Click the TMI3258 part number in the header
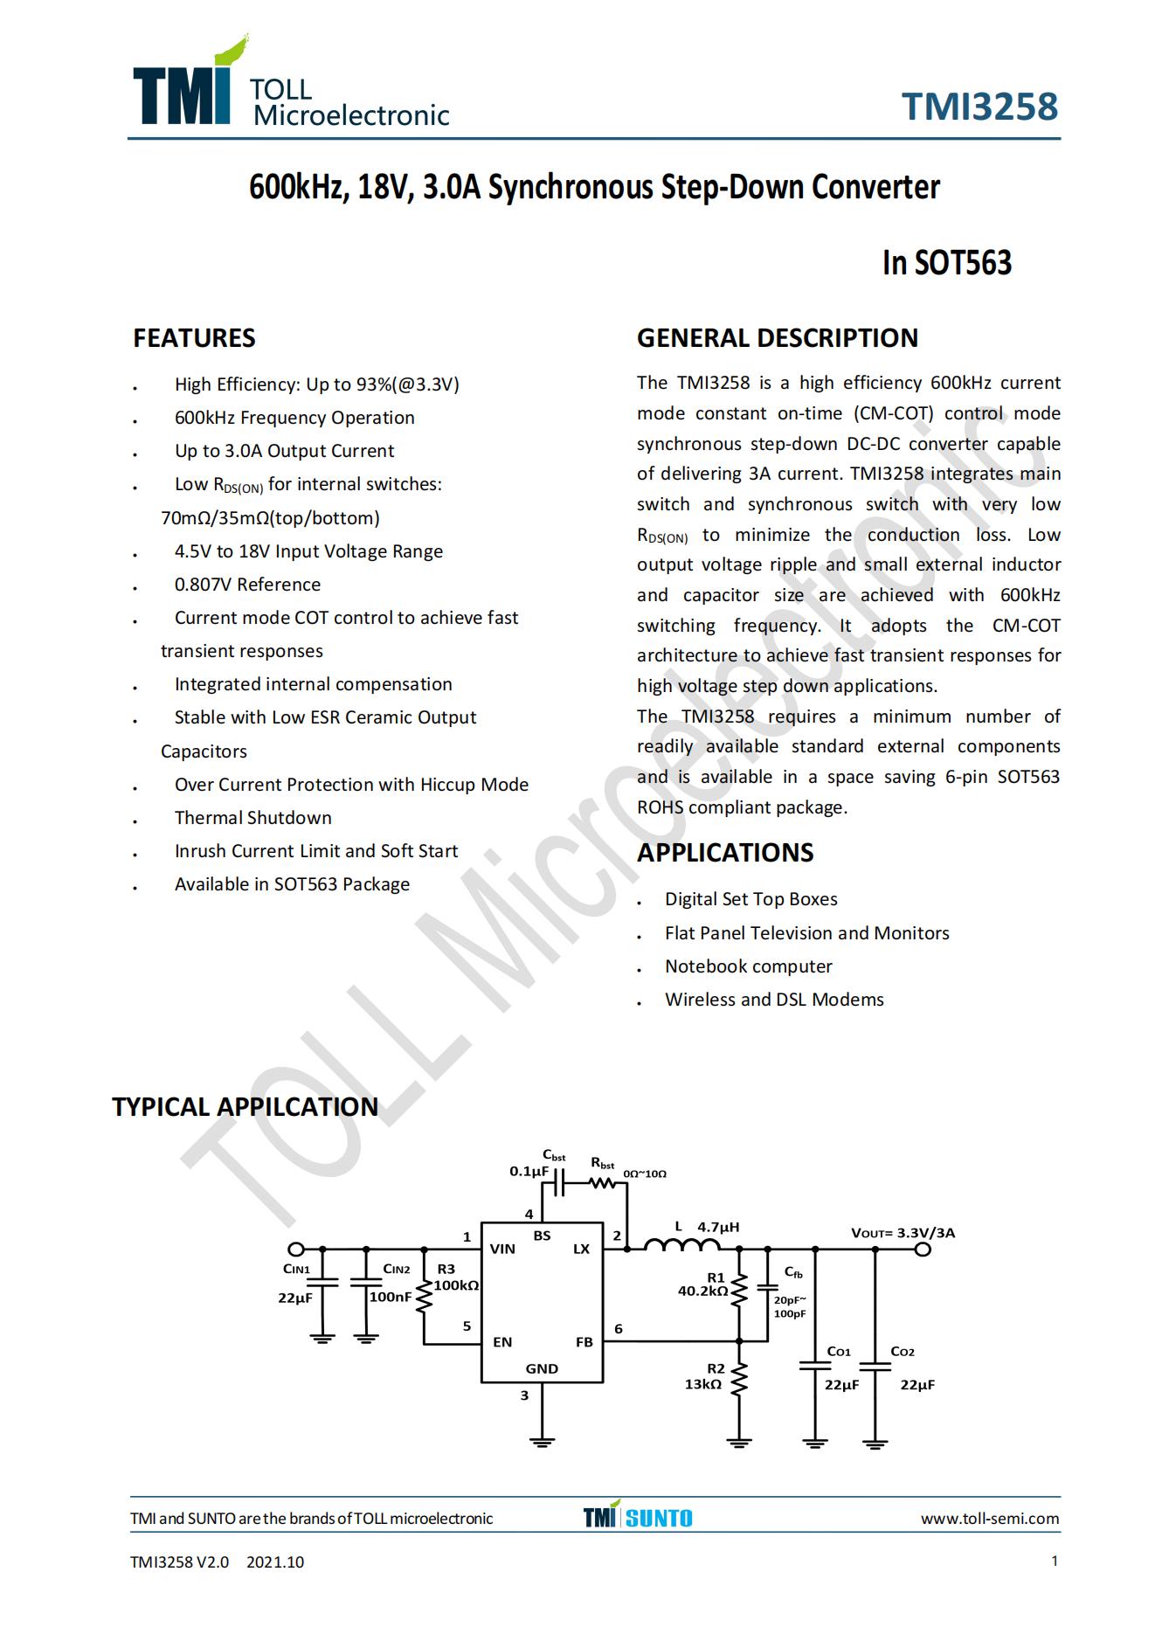click(979, 107)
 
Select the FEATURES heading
click(194, 338)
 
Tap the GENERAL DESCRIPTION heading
click(777, 338)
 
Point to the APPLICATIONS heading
click(724, 852)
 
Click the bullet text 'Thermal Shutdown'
click(252, 818)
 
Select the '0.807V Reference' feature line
click(247, 585)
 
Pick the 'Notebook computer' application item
click(748, 966)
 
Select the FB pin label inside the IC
click(584, 1342)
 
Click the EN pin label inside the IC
click(502, 1342)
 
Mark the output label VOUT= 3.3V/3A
click(903, 1233)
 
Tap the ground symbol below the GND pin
click(542, 1441)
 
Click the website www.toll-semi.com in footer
click(989, 1519)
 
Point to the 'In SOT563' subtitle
click(946, 263)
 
